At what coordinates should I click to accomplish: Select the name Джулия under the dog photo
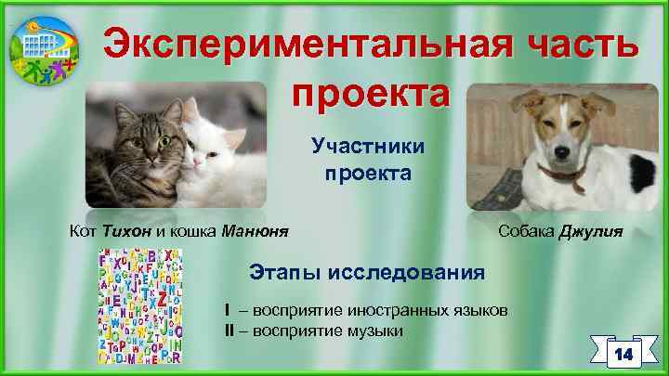(590, 230)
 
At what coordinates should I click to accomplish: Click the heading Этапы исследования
(367, 272)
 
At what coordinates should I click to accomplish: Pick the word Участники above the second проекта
(369, 146)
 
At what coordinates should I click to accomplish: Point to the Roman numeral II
(228, 330)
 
